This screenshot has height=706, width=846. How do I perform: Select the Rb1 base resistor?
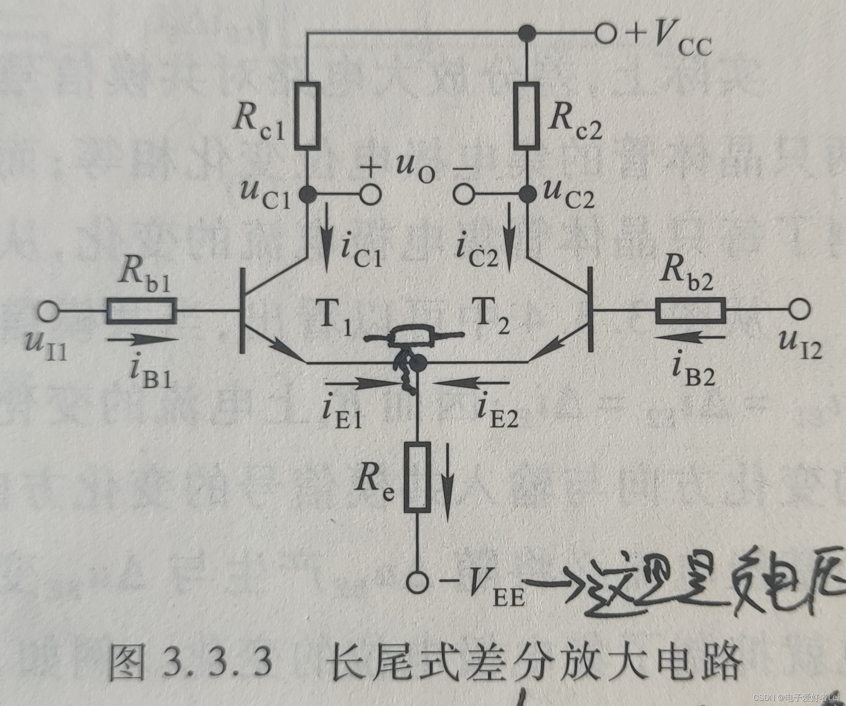(x=142, y=311)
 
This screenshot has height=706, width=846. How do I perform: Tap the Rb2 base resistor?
(x=691, y=311)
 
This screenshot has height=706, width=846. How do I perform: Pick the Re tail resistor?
(x=417, y=477)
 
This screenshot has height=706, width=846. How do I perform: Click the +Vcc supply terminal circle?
(x=606, y=33)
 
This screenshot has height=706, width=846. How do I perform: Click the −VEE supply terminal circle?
(x=417, y=582)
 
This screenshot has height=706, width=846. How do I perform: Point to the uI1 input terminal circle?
(x=48, y=311)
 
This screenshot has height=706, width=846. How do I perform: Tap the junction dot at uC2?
(x=528, y=194)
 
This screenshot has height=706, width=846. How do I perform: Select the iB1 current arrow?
(x=143, y=339)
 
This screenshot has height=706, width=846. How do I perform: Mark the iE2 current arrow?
(x=472, y=383)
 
